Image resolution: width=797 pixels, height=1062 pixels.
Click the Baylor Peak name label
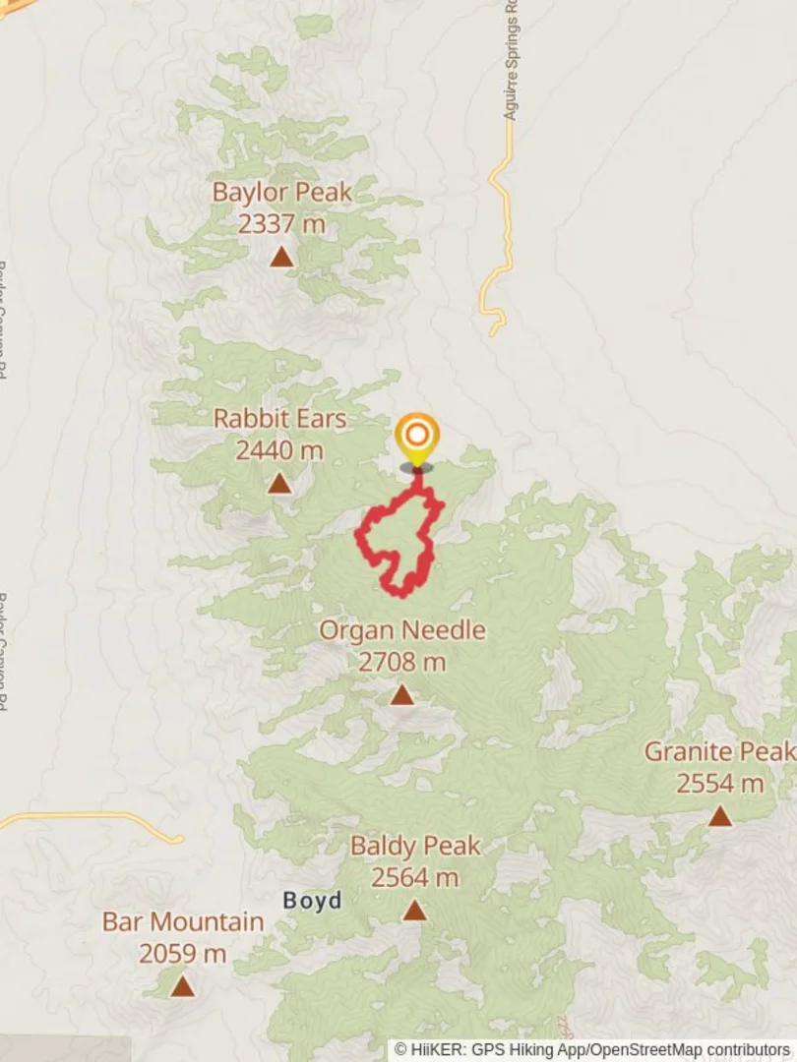click(281, 192)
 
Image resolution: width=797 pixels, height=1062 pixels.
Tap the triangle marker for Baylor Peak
click(281, 257)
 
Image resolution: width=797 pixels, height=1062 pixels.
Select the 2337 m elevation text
click(281, 224)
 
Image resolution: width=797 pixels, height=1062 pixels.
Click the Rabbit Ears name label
click(279, 419)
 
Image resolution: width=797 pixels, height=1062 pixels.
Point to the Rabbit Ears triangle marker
click(279, 483)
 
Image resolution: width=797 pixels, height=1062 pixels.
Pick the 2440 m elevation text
click(279, 450)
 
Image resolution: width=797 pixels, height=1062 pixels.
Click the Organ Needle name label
click(401, 630)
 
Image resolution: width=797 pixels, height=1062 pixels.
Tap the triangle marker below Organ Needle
click(401, 695)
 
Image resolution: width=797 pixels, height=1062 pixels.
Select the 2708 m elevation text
click(401, 663)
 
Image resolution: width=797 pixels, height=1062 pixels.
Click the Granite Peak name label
click(719, 752)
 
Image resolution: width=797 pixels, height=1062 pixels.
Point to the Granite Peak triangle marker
click(720, 816)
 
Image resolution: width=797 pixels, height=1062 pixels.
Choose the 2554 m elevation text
click(719, 784)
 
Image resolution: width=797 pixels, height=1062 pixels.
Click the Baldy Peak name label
click(415, 846)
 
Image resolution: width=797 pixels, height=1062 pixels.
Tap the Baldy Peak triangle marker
click(415, 911)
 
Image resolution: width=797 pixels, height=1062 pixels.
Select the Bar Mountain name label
click(183, 922)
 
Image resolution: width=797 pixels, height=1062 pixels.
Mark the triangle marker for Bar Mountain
click(182, 985)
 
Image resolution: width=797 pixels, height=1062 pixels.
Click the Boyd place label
click(313, 901)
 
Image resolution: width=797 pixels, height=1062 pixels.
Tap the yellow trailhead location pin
click(416, 437)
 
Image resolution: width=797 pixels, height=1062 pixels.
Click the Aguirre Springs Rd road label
click(511, 61)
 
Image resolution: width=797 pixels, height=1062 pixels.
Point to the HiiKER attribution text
click(592, 1050)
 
